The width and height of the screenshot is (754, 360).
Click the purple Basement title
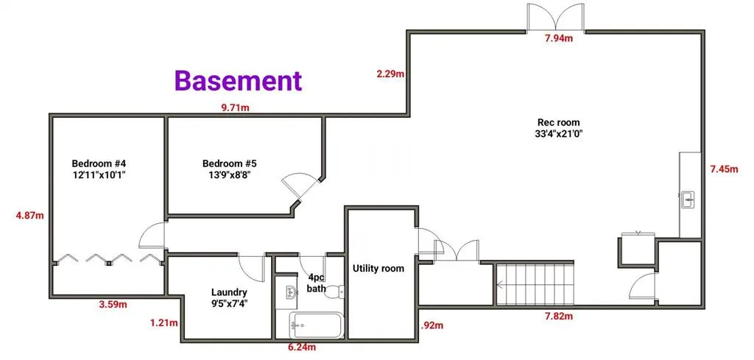pyautogui.click(x=238, y=80)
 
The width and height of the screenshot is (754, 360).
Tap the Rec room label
pyautogui.click(x=558, y=128)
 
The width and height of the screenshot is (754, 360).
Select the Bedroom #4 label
pyautogui.click(x=104, y=169)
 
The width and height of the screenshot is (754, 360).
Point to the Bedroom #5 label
pyautogui.click(x=229, y=169)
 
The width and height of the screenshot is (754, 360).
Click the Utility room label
pyautogui.click(x=378, y=269)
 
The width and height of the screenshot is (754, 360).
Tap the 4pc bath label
pyautogui.click(x=316, y=283)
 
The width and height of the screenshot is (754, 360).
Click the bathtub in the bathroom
pyautogui.click(x=316, y=324)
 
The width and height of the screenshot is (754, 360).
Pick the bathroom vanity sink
pyautogui.click(x=288, y=293)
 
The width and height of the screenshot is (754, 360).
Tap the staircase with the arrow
pyautogui.click(x=533, y=283)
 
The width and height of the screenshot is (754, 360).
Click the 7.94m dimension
pyautogui.click(x=559, y=38)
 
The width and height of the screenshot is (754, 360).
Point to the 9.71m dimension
pyautogui.click(x=235, y=107)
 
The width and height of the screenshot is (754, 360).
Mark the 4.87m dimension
pyautogui.click(x=29, y=216)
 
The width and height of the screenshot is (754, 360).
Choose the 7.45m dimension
pyautogui.click(x=723, y=169)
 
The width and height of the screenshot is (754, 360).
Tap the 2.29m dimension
pyautogui.click(x=390, y=74)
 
